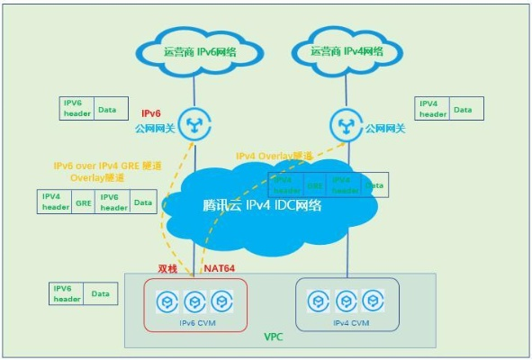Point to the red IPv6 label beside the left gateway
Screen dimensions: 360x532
pyautogui.click(x=150, y=113)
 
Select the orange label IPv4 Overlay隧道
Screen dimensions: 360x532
pyautogui.click(x=275, y=156)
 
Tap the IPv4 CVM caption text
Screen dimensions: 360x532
pyautogui.click(x=347, y=319)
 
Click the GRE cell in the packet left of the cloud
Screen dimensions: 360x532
pyautogui.click(x=84, y=202)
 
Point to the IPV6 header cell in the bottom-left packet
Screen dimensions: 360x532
pyautogui.click(x=68, y=293)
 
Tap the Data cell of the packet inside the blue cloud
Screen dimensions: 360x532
pyautogui.click(x=374, y=185)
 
